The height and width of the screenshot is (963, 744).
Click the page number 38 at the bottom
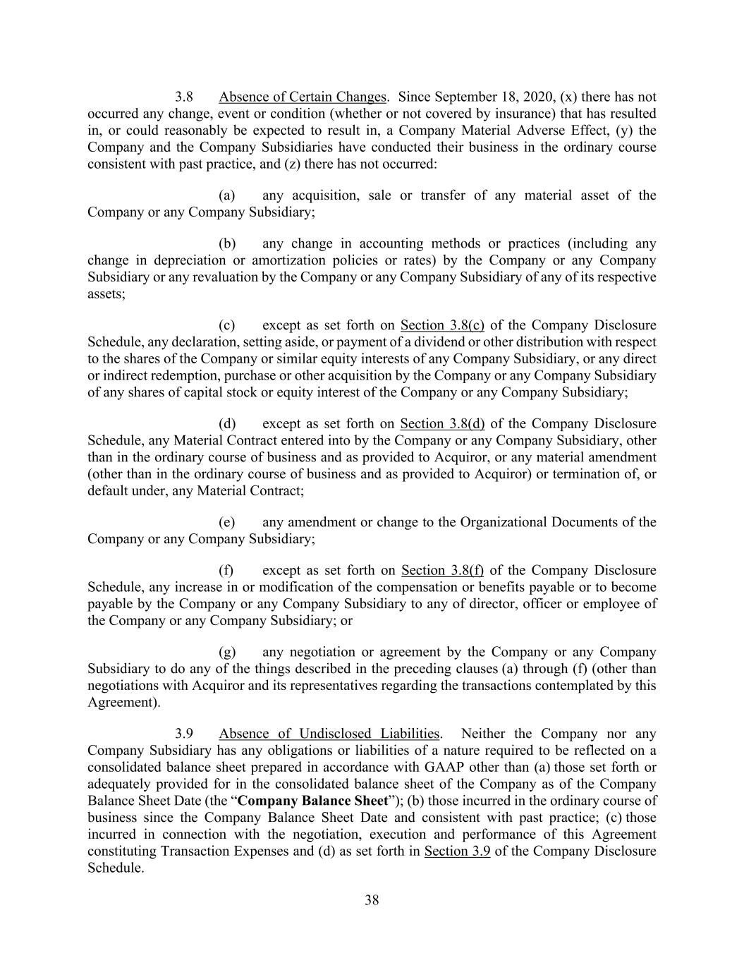pyautogui.click(x=372, y=900)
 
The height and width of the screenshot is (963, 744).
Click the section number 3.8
pyautogui.click(x=184, y=97)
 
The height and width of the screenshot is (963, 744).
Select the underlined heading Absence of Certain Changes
pyautogui.click(x=303, y=97)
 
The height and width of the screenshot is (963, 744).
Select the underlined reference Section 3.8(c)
pyautogui.click(x=442, y=325)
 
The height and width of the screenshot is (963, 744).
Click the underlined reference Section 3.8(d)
pyautogui.click(x=442, y=424)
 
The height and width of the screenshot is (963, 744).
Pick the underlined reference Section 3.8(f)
pyautogui.click(x=442, y=570)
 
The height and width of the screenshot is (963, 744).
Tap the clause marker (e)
pyautogui.click(x=227, y=522)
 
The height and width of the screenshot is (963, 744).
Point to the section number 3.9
pyautogui.click(x=184, y=734)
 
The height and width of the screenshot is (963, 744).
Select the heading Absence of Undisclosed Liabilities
pyautogui.click(x=329, y=734)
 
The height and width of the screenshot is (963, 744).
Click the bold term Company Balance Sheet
pyautogui.click(x=313, y=801)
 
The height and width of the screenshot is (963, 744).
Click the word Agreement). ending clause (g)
pyautogui.click(x=123, y=703)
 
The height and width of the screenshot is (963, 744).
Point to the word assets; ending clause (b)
pyautogui.click(x=106, y=293)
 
